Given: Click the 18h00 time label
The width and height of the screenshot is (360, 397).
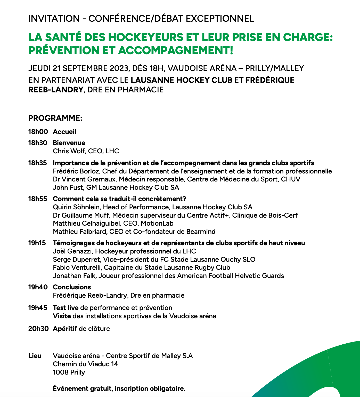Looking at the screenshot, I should [x=38, y=132].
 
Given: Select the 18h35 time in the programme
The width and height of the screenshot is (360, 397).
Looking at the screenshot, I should [x=38, y=163].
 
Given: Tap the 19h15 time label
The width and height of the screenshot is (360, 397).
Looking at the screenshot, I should [x=37, y=243].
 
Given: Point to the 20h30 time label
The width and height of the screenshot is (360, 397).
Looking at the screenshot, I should [x=38, y=329].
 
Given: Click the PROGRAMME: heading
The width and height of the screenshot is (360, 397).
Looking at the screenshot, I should [x=55, y=118].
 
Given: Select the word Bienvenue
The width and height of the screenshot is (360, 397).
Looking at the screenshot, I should [x=69, y=143].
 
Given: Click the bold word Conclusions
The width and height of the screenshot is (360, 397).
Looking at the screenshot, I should [x=72, y=287].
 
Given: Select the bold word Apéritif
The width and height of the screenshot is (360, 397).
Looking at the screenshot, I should [x=65, y=329].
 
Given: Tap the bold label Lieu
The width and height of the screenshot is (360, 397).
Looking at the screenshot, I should [x=35, y=356].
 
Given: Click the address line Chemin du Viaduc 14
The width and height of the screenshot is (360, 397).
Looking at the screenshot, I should [x=85, y=364].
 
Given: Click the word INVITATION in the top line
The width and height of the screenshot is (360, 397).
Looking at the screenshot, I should [x=54, y=19].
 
